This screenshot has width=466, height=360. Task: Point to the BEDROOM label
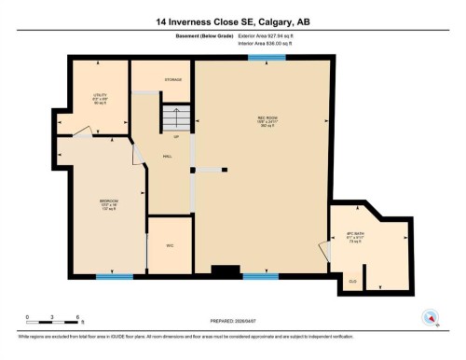point(109,202)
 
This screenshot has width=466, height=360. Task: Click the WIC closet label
point(170,245)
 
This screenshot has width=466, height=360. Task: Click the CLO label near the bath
point(352,280)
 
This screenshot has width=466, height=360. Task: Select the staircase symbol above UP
point(175,119)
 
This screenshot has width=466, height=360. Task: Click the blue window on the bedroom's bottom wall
point(115,276)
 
